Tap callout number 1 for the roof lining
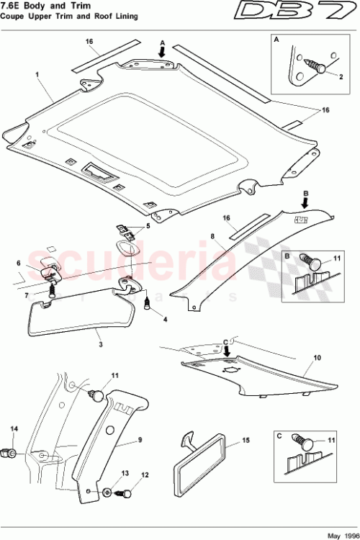[36, 73]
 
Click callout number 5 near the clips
[148, 225]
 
